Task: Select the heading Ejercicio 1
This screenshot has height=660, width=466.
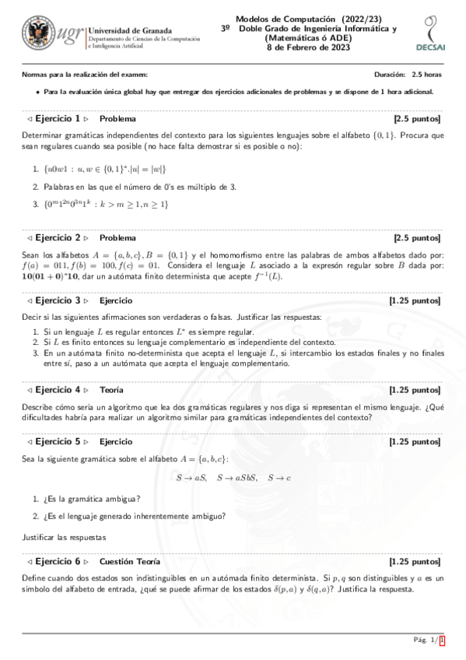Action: (x=59, y=119)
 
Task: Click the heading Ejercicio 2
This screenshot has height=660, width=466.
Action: (x=59, y=237)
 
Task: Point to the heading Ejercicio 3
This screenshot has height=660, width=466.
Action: (x=59, y=300)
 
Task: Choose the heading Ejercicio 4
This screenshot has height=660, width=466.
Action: (x=59, y=389)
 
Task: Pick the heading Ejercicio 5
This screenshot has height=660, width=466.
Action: (x=59, y=441)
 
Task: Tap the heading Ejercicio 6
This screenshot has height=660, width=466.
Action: (x=59, y=561)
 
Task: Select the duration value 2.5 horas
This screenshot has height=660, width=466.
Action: (x=427, y=74)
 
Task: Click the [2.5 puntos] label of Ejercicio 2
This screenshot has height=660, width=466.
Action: (x=417, y=237)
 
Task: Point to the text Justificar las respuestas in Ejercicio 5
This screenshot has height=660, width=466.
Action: (x=64, y=537)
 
